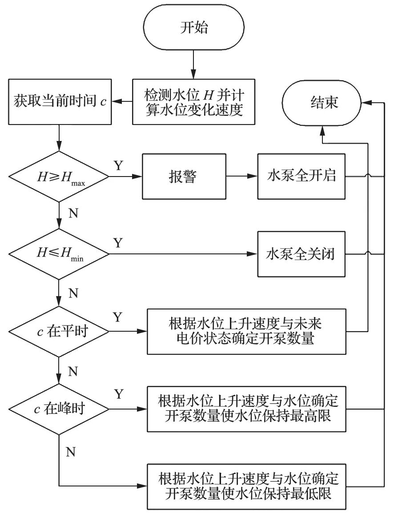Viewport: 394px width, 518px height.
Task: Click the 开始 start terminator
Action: (193, 28)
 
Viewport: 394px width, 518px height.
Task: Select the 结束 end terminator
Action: (324, 103)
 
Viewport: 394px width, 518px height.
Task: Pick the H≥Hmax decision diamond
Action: (59, 177)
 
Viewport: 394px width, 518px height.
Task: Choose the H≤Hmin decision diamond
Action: (59, 254)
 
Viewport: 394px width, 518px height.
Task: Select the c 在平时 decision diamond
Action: (59, 332)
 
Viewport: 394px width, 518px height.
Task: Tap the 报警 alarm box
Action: (184, 177)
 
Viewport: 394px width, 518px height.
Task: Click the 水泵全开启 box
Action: (302, 177)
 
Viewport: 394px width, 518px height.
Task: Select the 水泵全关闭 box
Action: (302, 254)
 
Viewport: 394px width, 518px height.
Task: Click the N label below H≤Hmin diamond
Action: (74, 293)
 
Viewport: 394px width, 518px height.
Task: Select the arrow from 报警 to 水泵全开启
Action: (241, 177)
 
